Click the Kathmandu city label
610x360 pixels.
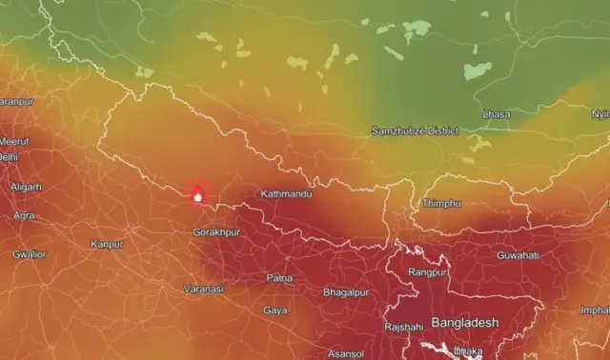286,194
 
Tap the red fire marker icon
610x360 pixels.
197,195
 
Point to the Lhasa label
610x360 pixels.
497,114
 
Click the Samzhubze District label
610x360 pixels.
415,130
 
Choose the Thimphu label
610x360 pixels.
441,204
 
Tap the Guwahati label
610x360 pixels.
518,255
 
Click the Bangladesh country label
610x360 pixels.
464,323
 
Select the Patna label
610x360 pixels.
279,278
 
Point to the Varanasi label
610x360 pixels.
203,289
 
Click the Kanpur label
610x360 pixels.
107,245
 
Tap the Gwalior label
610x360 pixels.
29,254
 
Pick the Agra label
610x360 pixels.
24,215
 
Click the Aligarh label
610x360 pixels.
26,187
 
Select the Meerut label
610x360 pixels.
14,142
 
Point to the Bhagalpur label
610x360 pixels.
345,290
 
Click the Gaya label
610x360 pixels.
275,310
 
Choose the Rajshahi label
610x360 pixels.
403,327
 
